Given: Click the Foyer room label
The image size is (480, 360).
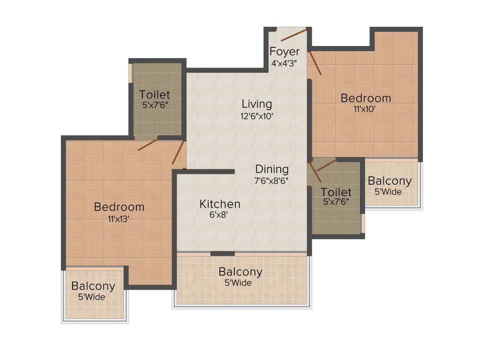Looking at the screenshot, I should pyautogui.click(x=284, y=51).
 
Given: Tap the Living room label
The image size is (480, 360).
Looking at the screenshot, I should pyautogui.click(x=256, y=104).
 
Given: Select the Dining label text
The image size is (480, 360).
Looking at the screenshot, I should pyautogui.click(x=272, y=169).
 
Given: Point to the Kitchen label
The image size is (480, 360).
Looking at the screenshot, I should pyautogui.click(x=220, y=204).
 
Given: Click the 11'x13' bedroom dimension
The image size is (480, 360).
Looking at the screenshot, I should pyautogui.click(x=119, y=218).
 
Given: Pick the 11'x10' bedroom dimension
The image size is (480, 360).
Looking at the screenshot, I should pyautogui.click(x=365, y=109).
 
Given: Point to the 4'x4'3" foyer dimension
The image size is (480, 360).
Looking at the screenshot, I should pyautogui.click(x=284, y=63).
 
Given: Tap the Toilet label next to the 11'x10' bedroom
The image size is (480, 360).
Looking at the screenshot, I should pyautogui.click(x=336, y=192).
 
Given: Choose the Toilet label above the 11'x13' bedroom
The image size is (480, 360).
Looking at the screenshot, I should pyautogui.click(x=155, y=95).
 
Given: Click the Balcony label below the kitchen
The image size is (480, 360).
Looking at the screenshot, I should pyautogui.click(x=240, y=272).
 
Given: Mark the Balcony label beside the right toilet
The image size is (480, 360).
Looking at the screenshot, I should pyautogui.click(x=390, y=181).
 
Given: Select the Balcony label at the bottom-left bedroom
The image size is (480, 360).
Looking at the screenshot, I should pyautogui.click(x=93, y=286).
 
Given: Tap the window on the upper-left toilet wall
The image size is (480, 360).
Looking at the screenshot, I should pyautogui.click(x=131, y=73).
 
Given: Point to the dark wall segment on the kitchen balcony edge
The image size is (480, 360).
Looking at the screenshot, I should pyautogui.click(x=223, y=254).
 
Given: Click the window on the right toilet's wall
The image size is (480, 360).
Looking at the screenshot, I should pyautogui.click(x=363, y=223).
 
